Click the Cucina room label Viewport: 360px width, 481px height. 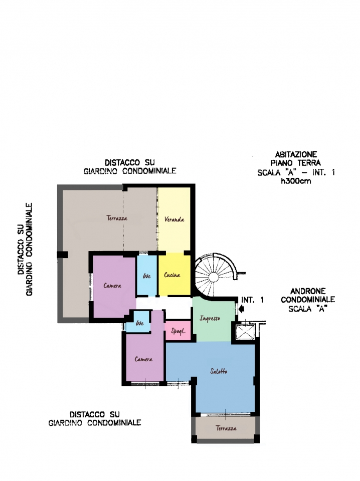[x=172, y=275]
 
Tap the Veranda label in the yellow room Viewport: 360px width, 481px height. [x=174, y=219]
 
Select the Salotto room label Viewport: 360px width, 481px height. [x=219, y=371]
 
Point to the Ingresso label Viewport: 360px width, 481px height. [x=210, y=319]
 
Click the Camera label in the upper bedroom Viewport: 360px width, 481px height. [x=112, y=286]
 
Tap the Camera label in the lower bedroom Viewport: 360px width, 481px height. [x=143, y=359]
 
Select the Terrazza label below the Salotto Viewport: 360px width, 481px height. [x=226, y=428]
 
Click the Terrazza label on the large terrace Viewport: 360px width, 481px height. [x=117, y=218]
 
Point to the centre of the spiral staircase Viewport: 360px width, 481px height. [x=213, y=276]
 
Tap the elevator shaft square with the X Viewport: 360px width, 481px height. [x=245, y=331]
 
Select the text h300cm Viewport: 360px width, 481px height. [x=296, y=181]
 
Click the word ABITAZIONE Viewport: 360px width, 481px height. [x=296, y=154]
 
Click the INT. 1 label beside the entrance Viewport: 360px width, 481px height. [x=252, y=300]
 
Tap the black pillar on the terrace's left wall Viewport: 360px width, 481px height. [x=63, y=255]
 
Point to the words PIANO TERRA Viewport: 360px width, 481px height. [x=295, y=163]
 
